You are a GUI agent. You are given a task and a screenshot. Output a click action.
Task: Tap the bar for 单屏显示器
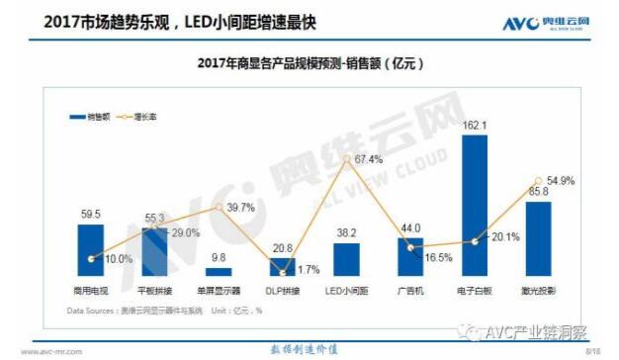[218, 270]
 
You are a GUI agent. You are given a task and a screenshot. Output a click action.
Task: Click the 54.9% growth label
[559, 181]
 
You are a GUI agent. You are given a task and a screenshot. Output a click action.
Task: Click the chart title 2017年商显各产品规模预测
[310, 64]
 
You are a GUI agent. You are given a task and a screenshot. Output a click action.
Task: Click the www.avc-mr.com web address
[46, 350]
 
